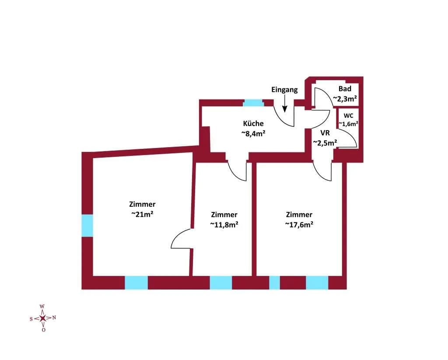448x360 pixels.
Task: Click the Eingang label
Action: [284, 90]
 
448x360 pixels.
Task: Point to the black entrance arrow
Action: [284, 103]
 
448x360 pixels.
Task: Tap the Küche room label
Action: [253, 124]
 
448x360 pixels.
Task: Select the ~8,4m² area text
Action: [253, 134]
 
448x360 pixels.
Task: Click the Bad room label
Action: [345, 89]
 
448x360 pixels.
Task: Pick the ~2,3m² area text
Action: [345, 99]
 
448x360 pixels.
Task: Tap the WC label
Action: [348, 116]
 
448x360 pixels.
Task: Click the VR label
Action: [325, 133]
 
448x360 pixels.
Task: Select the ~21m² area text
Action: [142, 214]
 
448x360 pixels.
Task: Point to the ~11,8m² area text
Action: [224, 225]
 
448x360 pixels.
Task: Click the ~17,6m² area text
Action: [299, 225]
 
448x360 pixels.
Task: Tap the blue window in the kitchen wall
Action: [253, 103]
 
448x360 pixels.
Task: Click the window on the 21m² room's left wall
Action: [87, 226]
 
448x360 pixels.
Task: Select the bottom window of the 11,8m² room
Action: [221, 283]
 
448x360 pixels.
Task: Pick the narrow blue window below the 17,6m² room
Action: [275, 283]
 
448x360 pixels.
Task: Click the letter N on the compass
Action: [54, 318]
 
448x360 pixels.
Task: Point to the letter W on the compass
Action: [42, 306]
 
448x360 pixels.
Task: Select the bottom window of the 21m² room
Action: [136, 283]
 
